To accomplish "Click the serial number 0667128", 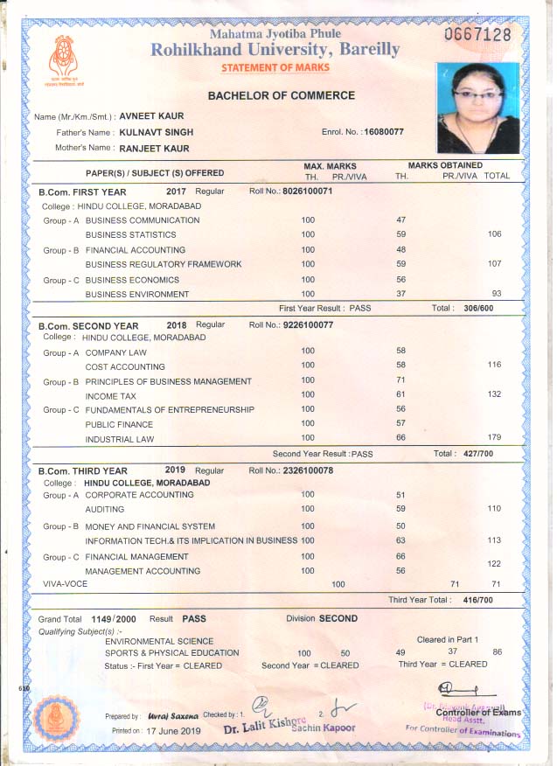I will click(x=477, y=35).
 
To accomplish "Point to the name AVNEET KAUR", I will click(x=151, y=116).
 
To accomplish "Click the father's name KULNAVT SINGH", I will click(x=157, y=132).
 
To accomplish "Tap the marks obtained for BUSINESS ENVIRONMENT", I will click(x=401, y=294).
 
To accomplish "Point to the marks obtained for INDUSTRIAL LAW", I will click(x=401, y=438).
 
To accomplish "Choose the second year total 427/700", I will click(x=477, y=454).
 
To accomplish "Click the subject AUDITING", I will click(x=105, y=509).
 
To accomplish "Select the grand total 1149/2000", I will click(x=111, y=618).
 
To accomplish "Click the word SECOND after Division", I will click(x=338, y=618).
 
